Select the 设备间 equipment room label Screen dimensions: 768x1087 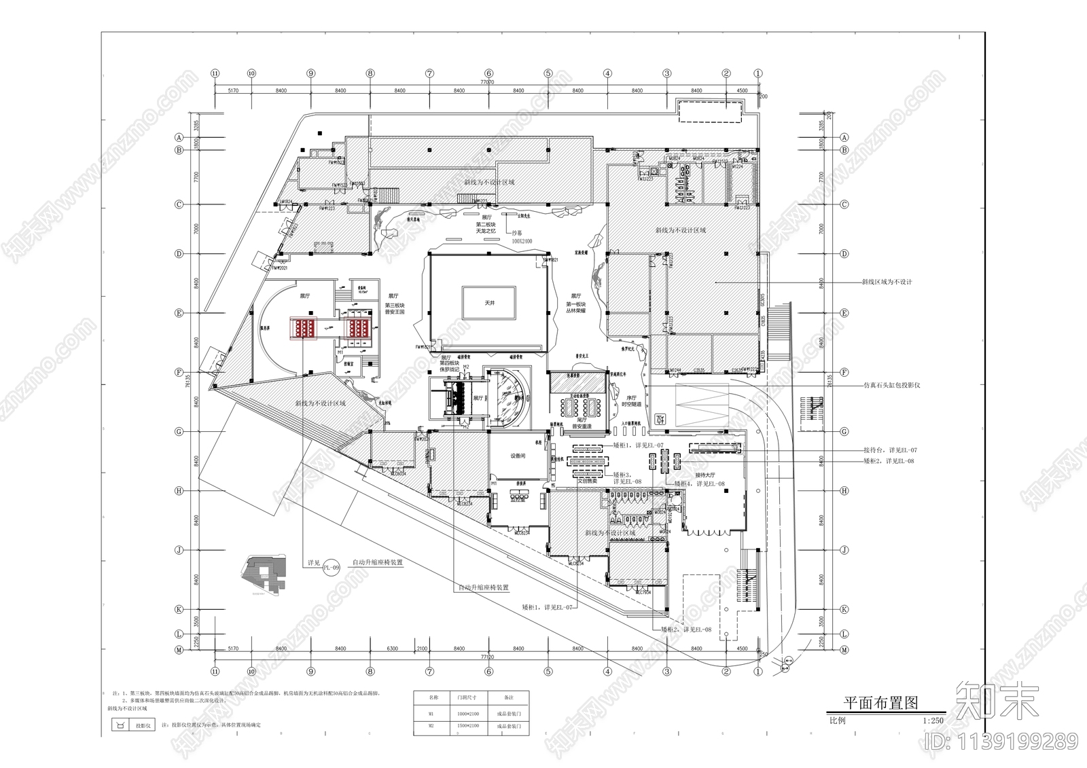point(518,456)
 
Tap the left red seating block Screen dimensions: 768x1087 point(304,329)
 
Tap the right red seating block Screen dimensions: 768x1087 point(359,329)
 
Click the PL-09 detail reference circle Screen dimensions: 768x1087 point(331,567)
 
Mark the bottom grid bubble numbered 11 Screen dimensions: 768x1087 point(215,672)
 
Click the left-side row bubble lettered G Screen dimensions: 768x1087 point(180,431)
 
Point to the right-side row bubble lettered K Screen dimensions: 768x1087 point(844,609)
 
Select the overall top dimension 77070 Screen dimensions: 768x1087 point(487,81)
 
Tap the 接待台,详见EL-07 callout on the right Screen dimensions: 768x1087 point(890,450)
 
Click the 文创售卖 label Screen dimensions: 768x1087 point(588,480)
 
